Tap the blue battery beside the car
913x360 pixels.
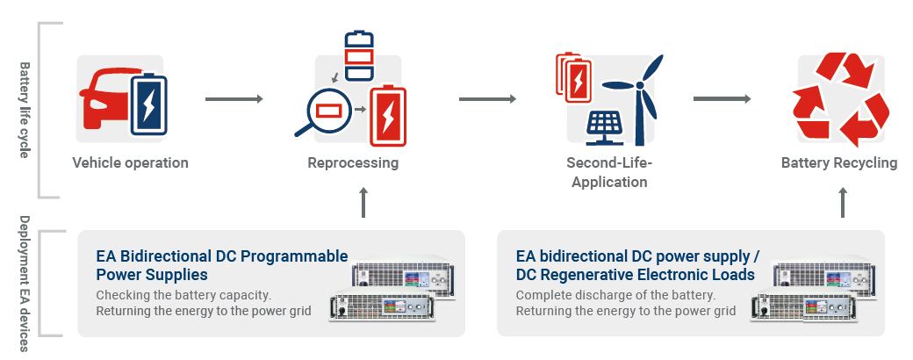(148, 104)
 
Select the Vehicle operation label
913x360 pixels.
(131, 162)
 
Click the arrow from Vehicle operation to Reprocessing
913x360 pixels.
(234, 99)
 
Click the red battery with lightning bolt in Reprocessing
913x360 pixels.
(388, 116)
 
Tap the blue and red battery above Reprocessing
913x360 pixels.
(359, 55)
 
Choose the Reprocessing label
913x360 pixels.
(353, 162)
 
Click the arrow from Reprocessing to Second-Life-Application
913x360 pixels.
(487, 99)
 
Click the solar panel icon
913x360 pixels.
(607, 127)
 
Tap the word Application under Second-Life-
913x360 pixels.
(609, 183)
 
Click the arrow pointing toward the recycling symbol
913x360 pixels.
(722, 99)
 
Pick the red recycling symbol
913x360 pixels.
(841, 99)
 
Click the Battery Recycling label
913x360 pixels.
(839, 162)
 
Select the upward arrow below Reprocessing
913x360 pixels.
(363, 203)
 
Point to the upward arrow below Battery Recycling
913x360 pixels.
(843, 203)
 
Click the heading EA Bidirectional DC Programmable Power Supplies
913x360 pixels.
(222, 265)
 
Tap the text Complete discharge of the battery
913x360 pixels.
(615, 295)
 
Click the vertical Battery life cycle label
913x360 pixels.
(24, 110)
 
